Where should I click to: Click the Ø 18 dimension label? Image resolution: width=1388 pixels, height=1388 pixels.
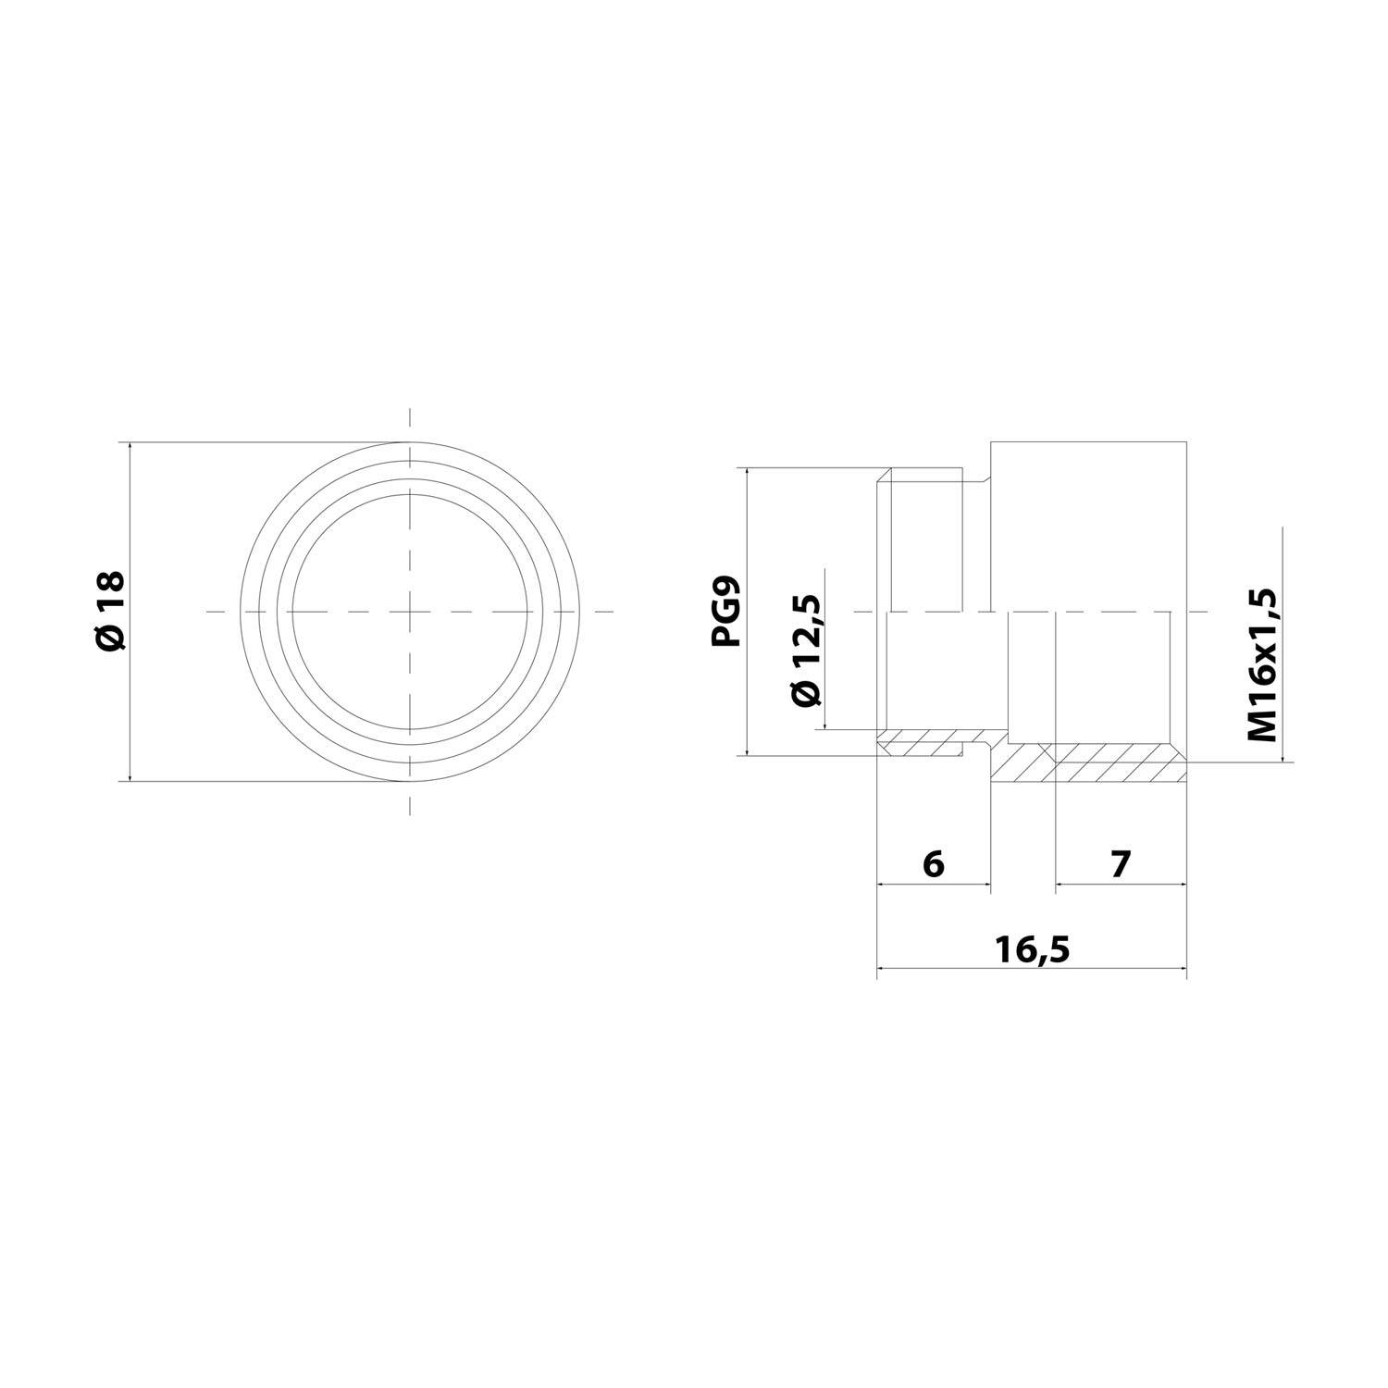point(109,611)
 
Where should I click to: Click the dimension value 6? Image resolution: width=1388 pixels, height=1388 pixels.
point(933,864)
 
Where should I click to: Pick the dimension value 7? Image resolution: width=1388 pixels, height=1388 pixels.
point(1121,864)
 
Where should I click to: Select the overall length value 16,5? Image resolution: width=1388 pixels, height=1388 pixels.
point(1031,949)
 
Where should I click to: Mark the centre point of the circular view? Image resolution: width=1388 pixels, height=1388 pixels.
point(410,612)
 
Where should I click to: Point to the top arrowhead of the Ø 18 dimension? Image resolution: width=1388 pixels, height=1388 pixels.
point(131,448)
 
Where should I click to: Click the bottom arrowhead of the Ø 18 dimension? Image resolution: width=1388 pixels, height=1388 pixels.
point(131,775)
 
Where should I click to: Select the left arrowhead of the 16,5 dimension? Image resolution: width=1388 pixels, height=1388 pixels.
point(882,969)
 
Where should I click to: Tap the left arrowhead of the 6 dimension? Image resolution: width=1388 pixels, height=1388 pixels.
point(882,885)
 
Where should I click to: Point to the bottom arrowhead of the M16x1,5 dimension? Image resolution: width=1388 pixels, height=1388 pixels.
point(1283,757)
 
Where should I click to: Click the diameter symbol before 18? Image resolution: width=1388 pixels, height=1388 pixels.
point(109,636)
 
